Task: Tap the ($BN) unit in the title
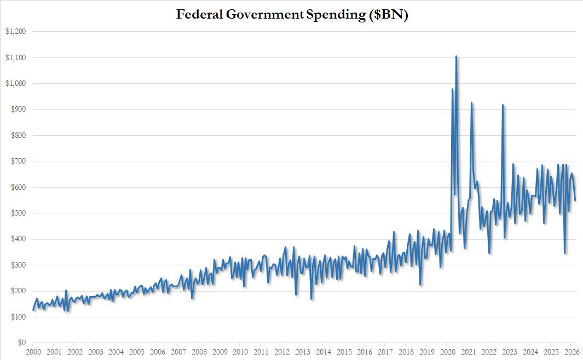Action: (x=388, y=14)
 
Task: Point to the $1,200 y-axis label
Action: (x=15, y=32)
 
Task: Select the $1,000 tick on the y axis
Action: (x=15, y=84)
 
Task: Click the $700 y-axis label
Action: (x=17, y=161)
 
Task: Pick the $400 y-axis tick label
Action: (x=17, y=239)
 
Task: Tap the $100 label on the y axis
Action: (x=17, y=317)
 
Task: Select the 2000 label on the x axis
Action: (x=33, y=352)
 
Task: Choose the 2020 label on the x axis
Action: (x=448, y=352)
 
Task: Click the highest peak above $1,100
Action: (x=457, y=56)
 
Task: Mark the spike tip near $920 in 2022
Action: (x=503, y=104)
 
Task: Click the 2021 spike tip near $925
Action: (x=471, y=102)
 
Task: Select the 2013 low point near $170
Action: (x=311, y=299)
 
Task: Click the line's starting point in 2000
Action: (x=33, y=310)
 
